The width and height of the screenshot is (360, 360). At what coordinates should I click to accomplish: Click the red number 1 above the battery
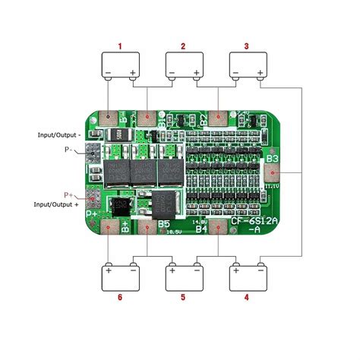click(120, 46)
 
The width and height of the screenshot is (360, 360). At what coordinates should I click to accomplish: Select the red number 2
click(183, 46)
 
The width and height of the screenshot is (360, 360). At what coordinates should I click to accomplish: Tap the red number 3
click(247, 46)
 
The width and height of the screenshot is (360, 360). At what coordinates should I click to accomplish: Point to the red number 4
click(247, 297)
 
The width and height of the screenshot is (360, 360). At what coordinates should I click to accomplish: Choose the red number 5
click(183, 297)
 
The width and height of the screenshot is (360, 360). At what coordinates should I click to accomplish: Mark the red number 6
click(120, 297)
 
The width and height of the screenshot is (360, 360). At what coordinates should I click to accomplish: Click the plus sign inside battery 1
click(133, 74)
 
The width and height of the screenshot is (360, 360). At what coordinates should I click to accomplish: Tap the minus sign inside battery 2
click(172, 74)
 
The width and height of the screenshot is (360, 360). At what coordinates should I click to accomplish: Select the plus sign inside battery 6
click(109, 269)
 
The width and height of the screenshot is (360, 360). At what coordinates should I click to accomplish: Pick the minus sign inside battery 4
click(261, 269)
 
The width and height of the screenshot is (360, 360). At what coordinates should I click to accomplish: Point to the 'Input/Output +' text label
click(55, 204)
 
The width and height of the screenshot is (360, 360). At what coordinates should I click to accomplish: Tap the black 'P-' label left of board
click(71, 150)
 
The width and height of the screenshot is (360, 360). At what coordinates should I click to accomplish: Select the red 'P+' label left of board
click(71, 195)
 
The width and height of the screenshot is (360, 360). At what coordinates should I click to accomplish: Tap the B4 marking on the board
click(201, 227)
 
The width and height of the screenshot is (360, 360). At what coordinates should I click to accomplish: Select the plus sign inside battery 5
click(172, 269)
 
